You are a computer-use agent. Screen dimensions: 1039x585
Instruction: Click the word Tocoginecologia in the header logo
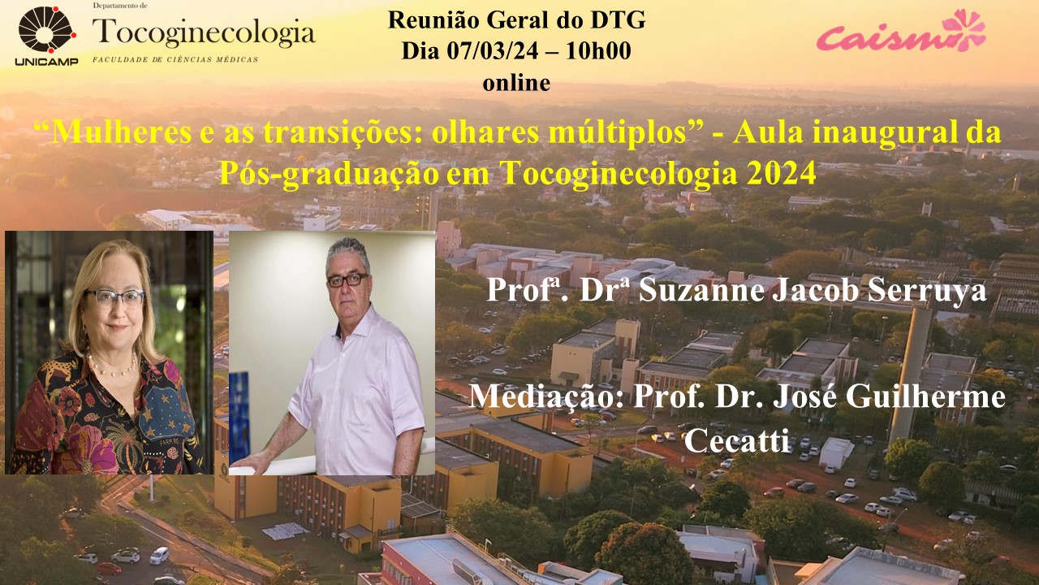(x=204, y=32)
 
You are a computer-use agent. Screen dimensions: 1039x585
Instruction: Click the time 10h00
(x=598, y=50)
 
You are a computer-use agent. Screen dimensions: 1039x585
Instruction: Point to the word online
(x=516, y=84)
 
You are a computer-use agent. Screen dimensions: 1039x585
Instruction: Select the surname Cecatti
(x=737, y=440)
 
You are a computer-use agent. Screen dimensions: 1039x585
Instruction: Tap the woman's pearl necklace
(x=113, y=366)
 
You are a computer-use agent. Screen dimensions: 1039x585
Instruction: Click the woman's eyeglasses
(x=114, y=297)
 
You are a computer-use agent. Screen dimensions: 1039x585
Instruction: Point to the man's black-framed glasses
(x=347, y=279)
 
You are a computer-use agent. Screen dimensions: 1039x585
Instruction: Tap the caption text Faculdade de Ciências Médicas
(x=175, y=59)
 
